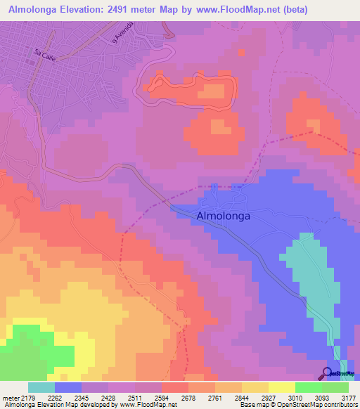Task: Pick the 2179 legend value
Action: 28,398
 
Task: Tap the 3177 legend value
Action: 346,398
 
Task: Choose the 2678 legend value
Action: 187,398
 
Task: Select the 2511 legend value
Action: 134,398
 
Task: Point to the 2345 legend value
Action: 82,398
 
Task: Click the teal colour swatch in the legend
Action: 41,387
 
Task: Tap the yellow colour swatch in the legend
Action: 281,387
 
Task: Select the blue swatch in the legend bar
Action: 68,387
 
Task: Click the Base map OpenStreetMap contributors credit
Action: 299,405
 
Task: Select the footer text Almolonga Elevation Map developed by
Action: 56,405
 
